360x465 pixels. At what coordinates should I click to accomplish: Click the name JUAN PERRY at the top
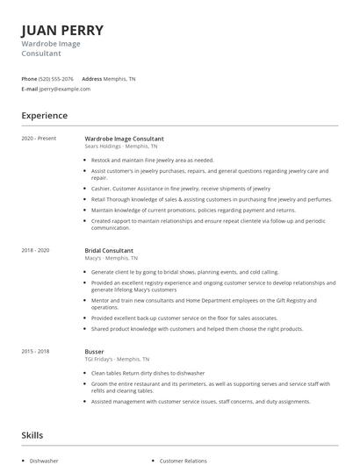(x=62, y=30)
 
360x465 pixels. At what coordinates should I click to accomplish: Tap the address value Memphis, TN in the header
(x=119, y=78)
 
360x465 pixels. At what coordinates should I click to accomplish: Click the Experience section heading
(x=44, y=116)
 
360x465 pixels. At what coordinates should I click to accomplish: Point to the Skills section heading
(x=32, y=435)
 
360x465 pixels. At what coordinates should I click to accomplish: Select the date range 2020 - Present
(x=39, y=139)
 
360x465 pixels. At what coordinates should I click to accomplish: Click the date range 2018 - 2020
(x=35, y=250)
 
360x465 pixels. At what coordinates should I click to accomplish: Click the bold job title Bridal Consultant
(x=109, y=250)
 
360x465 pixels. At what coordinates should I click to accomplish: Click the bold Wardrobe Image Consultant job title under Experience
(x=124, y=139)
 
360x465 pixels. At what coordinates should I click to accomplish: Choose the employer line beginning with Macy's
(x=111, y=258)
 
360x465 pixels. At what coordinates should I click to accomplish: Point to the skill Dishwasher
(x=44, y=460)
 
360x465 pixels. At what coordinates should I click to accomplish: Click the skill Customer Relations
(x=183, y=460)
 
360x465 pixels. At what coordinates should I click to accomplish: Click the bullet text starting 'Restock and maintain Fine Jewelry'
(x=152, y=161)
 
